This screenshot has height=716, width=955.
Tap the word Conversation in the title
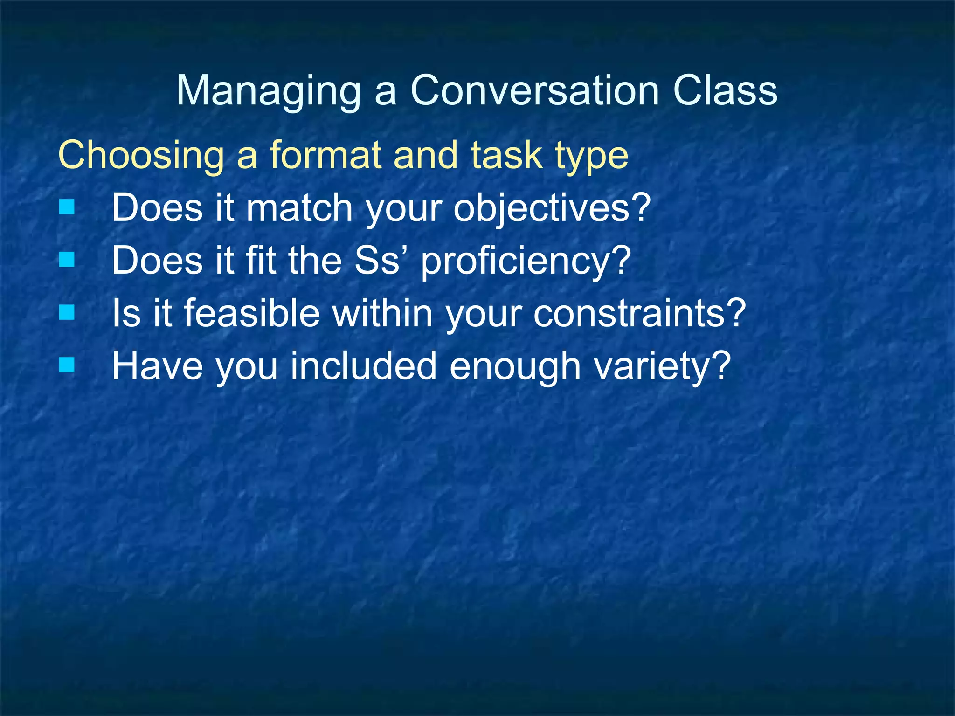tap(535, 90)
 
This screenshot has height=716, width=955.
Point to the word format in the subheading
tap(325, 155)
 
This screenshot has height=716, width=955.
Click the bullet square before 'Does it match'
tap(67, 207)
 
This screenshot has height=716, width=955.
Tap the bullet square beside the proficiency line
tap(67, 259)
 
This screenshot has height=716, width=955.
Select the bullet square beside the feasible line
tap(67, 312)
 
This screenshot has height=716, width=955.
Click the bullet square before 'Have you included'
tap(67, 365)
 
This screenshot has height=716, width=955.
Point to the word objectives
tap(552, 208)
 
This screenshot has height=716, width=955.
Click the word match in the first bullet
tap(299, 208)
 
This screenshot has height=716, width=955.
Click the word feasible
tap(252, 313)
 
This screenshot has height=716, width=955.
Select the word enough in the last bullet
tap(515, 367)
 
